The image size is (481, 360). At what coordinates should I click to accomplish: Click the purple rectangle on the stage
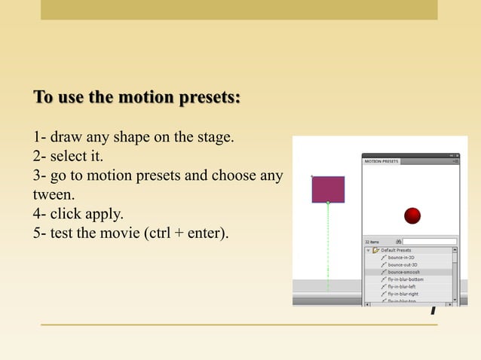point(328,189)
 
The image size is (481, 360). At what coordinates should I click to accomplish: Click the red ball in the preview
point(412,216)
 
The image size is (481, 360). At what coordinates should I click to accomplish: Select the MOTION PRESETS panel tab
point(381,161)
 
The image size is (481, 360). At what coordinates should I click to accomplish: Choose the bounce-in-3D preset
point(401,258)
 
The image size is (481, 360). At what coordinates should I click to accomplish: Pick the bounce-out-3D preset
point(403,265)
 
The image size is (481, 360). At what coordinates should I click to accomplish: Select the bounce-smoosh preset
point(404,272)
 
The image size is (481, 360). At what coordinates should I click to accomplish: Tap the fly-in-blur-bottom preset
point(406,279)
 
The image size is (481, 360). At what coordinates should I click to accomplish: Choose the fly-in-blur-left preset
point(402,287)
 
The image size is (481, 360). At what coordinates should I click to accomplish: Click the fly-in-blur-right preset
point(403,294)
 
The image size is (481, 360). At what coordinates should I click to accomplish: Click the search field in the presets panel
point(430,242)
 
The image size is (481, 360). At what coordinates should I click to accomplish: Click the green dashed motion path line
point(328,249)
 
